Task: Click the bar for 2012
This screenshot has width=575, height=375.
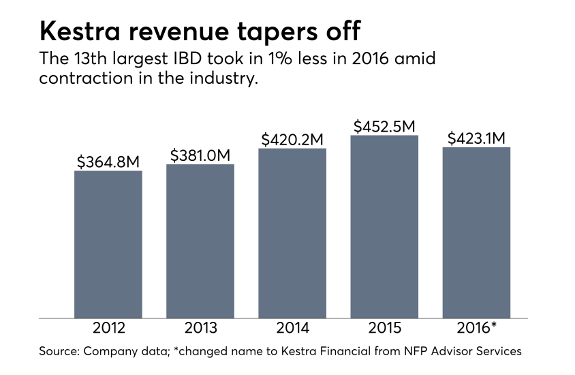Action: (108, 244)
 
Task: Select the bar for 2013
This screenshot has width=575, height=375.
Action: (200, 241)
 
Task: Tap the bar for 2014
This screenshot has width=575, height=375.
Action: (292, 233)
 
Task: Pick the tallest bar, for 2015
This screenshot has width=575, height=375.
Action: (384, 226)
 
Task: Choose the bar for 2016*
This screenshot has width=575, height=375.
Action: (476, 232)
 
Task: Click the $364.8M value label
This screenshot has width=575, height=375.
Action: (108, 162)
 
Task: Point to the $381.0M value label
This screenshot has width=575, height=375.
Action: (200, 155)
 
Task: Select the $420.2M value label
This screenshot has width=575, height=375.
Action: (292, 139)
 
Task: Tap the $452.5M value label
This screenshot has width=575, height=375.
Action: (384, 126)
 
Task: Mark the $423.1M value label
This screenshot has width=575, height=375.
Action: (476, 138)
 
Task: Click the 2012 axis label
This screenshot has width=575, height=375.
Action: (108, 329)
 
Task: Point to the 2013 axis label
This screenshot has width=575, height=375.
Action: (200, 329)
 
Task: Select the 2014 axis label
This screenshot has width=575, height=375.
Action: (292, 329)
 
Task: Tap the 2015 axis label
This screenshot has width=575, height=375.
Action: (384, 329)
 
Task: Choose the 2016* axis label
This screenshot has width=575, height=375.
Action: (476, 329)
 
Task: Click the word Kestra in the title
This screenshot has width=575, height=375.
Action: (80, 32)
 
